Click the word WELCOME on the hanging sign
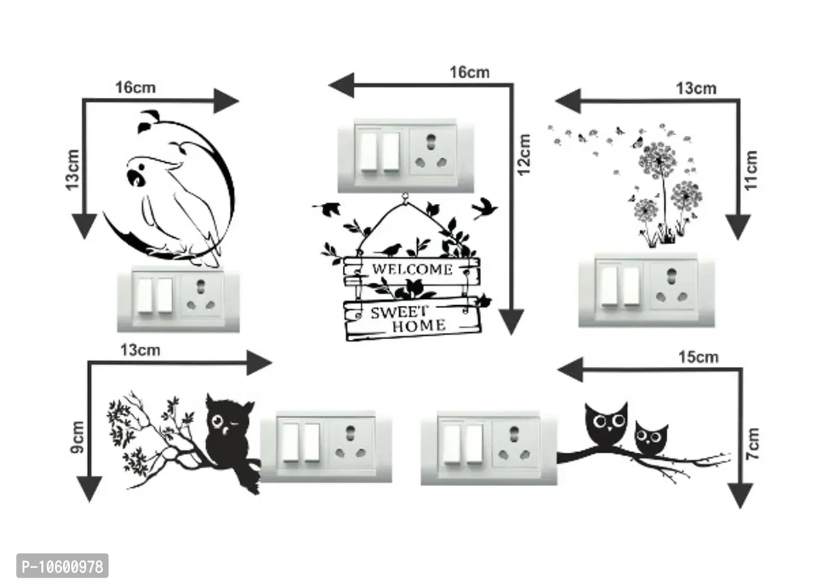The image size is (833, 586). (412, 269)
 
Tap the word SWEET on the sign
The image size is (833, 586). (398, 312)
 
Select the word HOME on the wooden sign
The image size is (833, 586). (419, 325)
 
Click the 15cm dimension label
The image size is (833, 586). (698, 357)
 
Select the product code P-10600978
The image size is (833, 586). (55, 567)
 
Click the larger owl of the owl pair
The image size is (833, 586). (607, 424)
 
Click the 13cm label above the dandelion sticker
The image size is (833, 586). (696, 88)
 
